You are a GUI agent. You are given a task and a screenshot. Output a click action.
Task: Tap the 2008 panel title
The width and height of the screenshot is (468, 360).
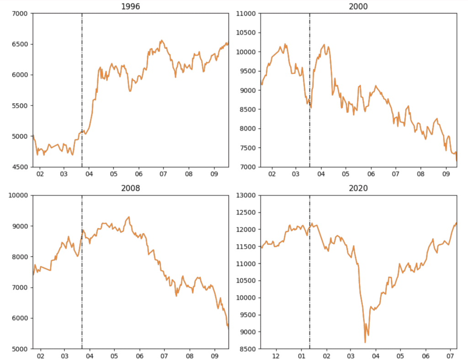coord(130,188)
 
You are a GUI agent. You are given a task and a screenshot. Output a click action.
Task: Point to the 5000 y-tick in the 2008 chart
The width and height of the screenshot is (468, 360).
coord(21,349)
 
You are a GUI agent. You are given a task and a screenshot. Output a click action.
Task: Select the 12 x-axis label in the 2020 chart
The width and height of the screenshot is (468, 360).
coord(276,356)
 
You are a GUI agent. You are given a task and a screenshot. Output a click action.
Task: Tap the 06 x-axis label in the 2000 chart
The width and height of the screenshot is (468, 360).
coord(371,174)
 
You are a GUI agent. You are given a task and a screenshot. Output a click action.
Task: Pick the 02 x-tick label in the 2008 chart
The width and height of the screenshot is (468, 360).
coord(40,356)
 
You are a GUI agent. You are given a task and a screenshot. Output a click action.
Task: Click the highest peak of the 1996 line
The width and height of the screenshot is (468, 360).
coord(162,40)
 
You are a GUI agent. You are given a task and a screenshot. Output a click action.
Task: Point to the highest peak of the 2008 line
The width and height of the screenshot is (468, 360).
coord(129,217)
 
